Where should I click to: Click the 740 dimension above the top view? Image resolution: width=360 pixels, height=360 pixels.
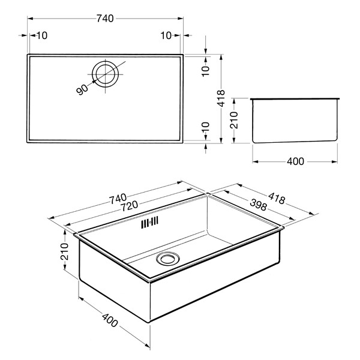pyautogui.click(x=105, y=19)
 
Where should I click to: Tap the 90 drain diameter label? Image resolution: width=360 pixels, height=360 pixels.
pyautogui.click(x=82, y=89)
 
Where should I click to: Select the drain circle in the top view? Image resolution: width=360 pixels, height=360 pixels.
pyautogui.click(x=106, y=74)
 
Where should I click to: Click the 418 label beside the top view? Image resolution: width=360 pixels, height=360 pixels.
pyautogui.click(x=221, y=98)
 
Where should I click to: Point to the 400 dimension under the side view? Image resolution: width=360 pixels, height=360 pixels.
pyautogui.click(x=295, y=161)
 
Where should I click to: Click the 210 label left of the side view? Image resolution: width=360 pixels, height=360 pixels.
pyautogui.click(x=234, y=120)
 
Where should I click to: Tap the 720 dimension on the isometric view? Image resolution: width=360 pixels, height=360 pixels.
pyautogui.click(x=129, y=206)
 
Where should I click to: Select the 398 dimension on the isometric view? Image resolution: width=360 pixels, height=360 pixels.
pyautogui.click(x=258, y=205)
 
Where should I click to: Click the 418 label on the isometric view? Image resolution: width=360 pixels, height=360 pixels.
pyautogui.click(x=277, y=198)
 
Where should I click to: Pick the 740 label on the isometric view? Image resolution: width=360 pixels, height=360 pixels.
pyautogui.click(x=118, y=199)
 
